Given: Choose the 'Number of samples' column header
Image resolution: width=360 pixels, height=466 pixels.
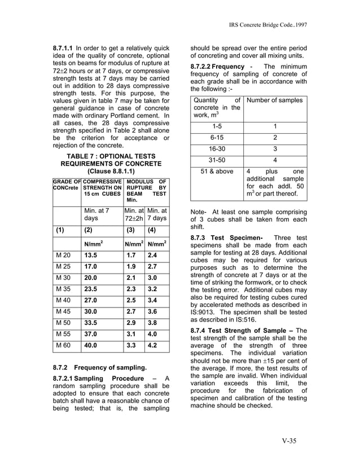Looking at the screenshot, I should click(x=275, y=100).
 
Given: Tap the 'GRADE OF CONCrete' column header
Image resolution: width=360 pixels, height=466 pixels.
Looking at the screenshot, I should click(x=67, y=184).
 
